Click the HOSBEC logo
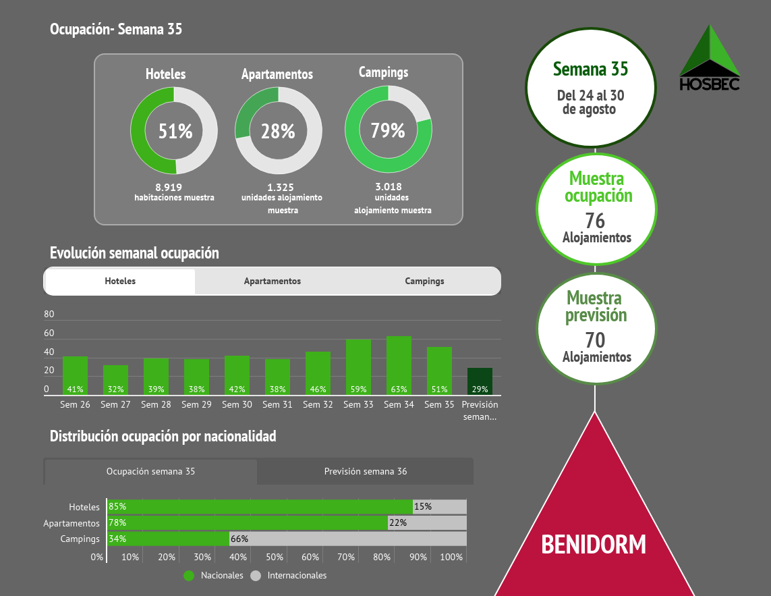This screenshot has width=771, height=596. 709,59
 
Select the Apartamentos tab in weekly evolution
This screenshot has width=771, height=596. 273,281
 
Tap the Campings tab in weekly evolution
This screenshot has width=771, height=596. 424,281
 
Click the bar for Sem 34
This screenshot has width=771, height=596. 399,365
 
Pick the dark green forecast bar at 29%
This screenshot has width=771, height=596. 480,381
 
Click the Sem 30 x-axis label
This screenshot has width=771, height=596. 237,404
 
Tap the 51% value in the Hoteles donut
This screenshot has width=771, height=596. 175,131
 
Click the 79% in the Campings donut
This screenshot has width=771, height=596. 387,130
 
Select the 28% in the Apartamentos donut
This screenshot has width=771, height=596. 278,131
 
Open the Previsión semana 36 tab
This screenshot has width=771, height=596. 365,471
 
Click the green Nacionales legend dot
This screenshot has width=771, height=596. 189,576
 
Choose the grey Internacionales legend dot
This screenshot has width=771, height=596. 256,576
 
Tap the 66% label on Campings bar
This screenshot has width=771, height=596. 239,539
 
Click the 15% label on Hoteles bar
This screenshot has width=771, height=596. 423,506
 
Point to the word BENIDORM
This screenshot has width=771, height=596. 594,543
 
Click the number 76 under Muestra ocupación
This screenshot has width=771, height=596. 595,221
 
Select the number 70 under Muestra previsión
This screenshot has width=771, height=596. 595,340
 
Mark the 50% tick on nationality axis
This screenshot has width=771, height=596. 274,557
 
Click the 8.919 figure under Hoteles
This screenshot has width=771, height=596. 169,187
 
